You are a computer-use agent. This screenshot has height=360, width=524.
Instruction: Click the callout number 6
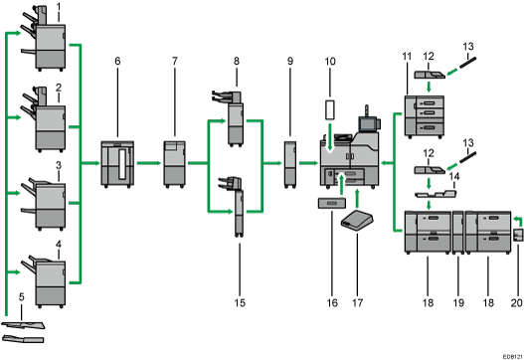(x=117, y=61)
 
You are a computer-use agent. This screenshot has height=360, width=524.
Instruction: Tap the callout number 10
(x=330, y=62)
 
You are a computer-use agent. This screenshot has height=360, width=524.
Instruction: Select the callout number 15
(x=240, y=303)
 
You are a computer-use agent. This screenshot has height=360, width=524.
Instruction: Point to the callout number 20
(x=517, y=303)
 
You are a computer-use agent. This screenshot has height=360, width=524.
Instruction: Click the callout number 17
(x=357, y=303)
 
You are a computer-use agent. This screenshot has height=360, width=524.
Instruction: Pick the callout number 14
(x=454, y=176)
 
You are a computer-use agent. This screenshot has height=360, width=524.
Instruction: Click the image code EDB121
(x=513, y=357)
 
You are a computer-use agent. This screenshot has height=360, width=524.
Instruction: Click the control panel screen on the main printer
(x=367, y=124)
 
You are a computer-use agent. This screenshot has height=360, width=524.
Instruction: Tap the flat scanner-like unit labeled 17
(x=357, y=221)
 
